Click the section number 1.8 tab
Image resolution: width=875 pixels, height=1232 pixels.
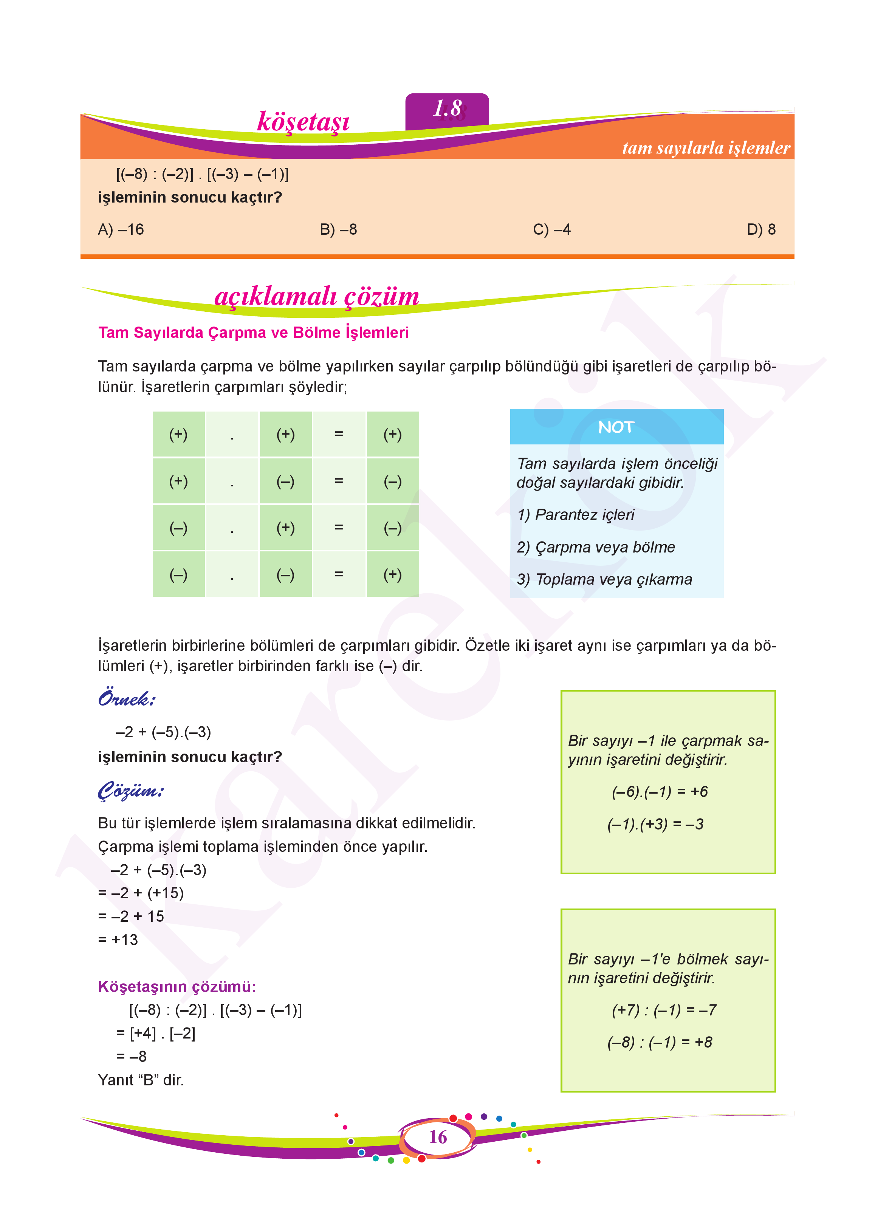coord(447,109)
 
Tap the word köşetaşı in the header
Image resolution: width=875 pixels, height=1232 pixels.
coord(304,122)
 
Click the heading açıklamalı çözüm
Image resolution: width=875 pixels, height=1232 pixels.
coord(316,297)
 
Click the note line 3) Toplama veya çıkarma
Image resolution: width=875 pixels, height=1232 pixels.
coord(604,580)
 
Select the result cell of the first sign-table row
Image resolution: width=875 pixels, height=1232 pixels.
coord(392,434)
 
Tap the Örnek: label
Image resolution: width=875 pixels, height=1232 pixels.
coord(127,699)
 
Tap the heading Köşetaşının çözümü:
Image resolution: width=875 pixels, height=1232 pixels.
coord(177,987)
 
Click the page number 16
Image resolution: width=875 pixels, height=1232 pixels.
coord(438,1137)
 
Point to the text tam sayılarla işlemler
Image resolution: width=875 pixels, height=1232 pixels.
coord(705,148)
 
